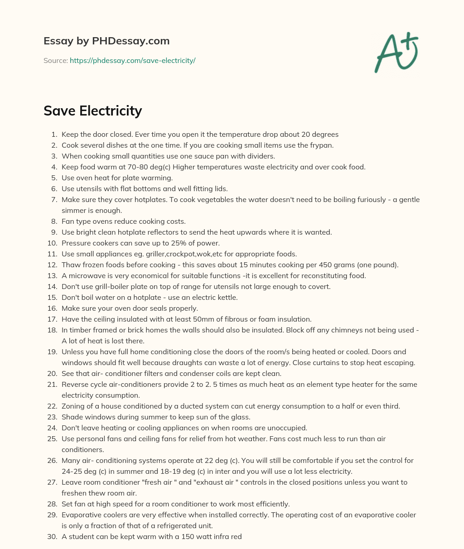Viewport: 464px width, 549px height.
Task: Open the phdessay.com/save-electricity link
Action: click(132, 60)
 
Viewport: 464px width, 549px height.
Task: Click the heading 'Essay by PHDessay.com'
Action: click(106, 41)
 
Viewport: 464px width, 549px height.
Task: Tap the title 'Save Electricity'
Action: click(92, 111)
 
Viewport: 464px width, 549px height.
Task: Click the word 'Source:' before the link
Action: click(55, 60)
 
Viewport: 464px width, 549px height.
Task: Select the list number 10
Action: click(53, 243)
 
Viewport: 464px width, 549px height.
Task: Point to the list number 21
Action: click(53, 384)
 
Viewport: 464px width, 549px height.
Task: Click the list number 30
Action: click(53, 536)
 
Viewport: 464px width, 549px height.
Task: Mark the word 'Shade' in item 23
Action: click(71, 417)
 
